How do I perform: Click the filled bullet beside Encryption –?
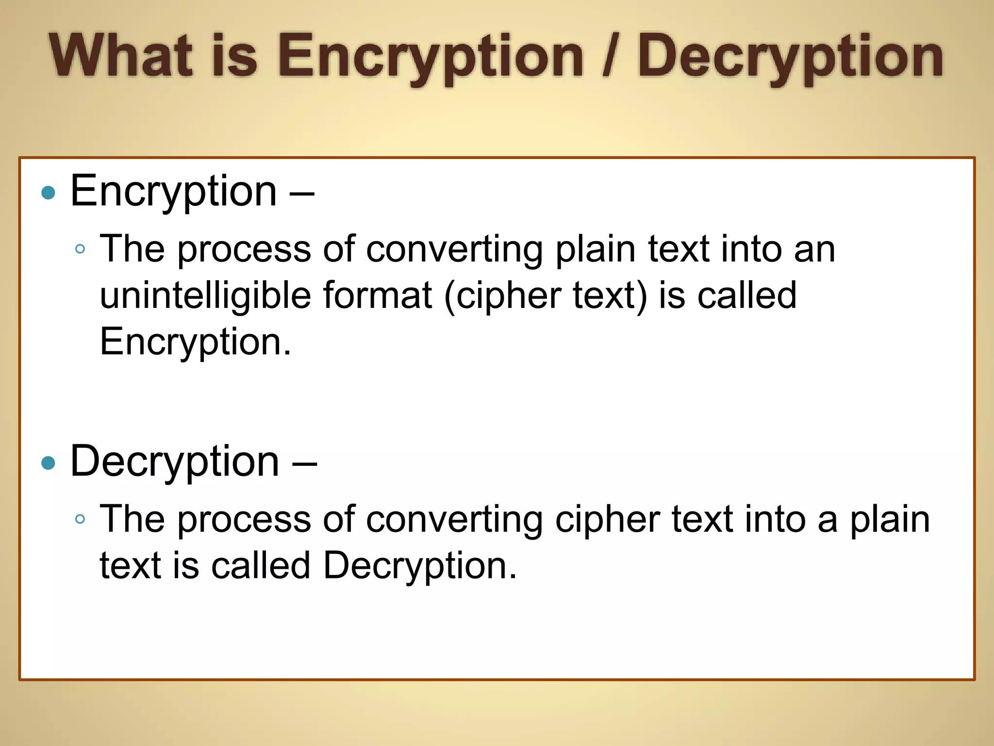point(49,193)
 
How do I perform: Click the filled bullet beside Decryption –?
point(49,463)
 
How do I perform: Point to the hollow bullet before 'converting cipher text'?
point(81,519)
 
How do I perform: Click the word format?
point(378,295)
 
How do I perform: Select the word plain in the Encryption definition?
point(595,250)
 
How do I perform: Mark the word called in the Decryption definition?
point(261,566)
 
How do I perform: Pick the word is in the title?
point(235,55)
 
